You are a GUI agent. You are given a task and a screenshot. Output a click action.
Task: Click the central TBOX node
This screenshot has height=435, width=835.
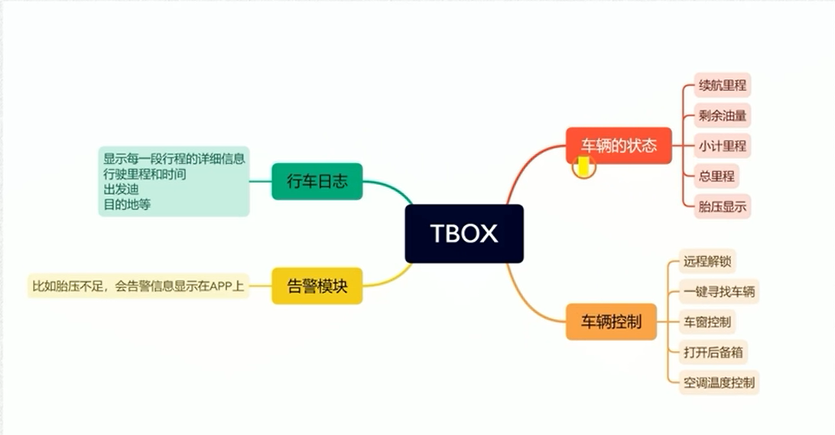464,233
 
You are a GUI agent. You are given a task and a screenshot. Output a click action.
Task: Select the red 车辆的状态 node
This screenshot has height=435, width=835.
619,145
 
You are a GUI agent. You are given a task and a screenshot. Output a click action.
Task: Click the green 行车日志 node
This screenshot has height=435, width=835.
317,181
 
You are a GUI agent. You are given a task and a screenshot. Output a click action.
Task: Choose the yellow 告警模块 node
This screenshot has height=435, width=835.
317,286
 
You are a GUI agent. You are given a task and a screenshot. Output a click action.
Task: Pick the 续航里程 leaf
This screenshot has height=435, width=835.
722,85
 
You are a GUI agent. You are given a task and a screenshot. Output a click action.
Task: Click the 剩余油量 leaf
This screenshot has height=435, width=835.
722,115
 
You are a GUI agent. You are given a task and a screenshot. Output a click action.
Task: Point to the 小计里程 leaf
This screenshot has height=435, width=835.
722,145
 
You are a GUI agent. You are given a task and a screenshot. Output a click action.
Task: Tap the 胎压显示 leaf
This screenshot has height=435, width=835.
722,206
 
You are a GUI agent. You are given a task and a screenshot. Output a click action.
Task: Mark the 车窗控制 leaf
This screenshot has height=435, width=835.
707,322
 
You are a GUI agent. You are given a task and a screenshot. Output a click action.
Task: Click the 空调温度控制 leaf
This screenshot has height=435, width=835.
720,381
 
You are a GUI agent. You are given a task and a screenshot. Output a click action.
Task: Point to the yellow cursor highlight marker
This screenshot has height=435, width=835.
584,167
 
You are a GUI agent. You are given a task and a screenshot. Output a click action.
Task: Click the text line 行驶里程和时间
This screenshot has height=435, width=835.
145,174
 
